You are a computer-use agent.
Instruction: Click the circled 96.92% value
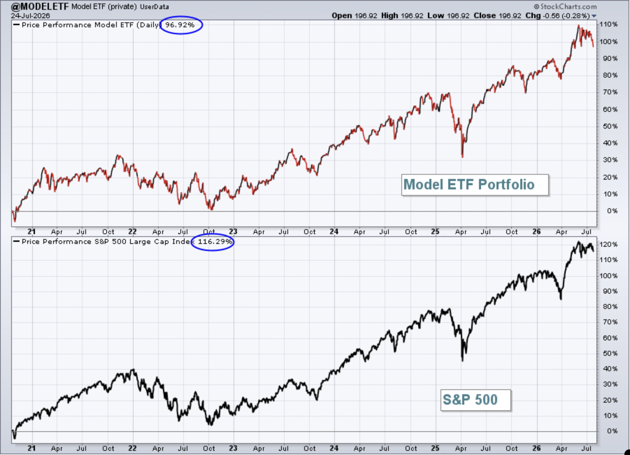[180, 25]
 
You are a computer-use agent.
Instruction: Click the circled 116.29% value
[215, 241]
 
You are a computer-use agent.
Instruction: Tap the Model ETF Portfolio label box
[475, 185]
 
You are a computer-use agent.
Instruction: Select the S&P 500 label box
[475, 400]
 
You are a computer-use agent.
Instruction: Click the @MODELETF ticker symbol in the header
[40, 7]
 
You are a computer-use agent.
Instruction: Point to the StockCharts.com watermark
[565, 7]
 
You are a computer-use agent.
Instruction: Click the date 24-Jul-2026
[30, 16]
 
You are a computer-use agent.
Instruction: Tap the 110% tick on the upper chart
[608, 24]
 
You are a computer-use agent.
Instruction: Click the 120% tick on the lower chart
[608, 244]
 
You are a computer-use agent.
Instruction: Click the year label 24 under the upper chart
[334, 231]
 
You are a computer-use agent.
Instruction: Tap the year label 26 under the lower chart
[536, 448]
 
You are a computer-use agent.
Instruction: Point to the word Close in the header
[485, 16]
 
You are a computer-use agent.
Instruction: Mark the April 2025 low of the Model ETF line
[463, 157]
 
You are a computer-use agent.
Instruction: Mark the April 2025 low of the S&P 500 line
[463, 361]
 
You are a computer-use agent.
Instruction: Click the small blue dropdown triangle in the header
[594, 16]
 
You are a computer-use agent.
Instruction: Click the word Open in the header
[342, 16]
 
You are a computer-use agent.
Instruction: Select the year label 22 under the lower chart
[132, 448]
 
